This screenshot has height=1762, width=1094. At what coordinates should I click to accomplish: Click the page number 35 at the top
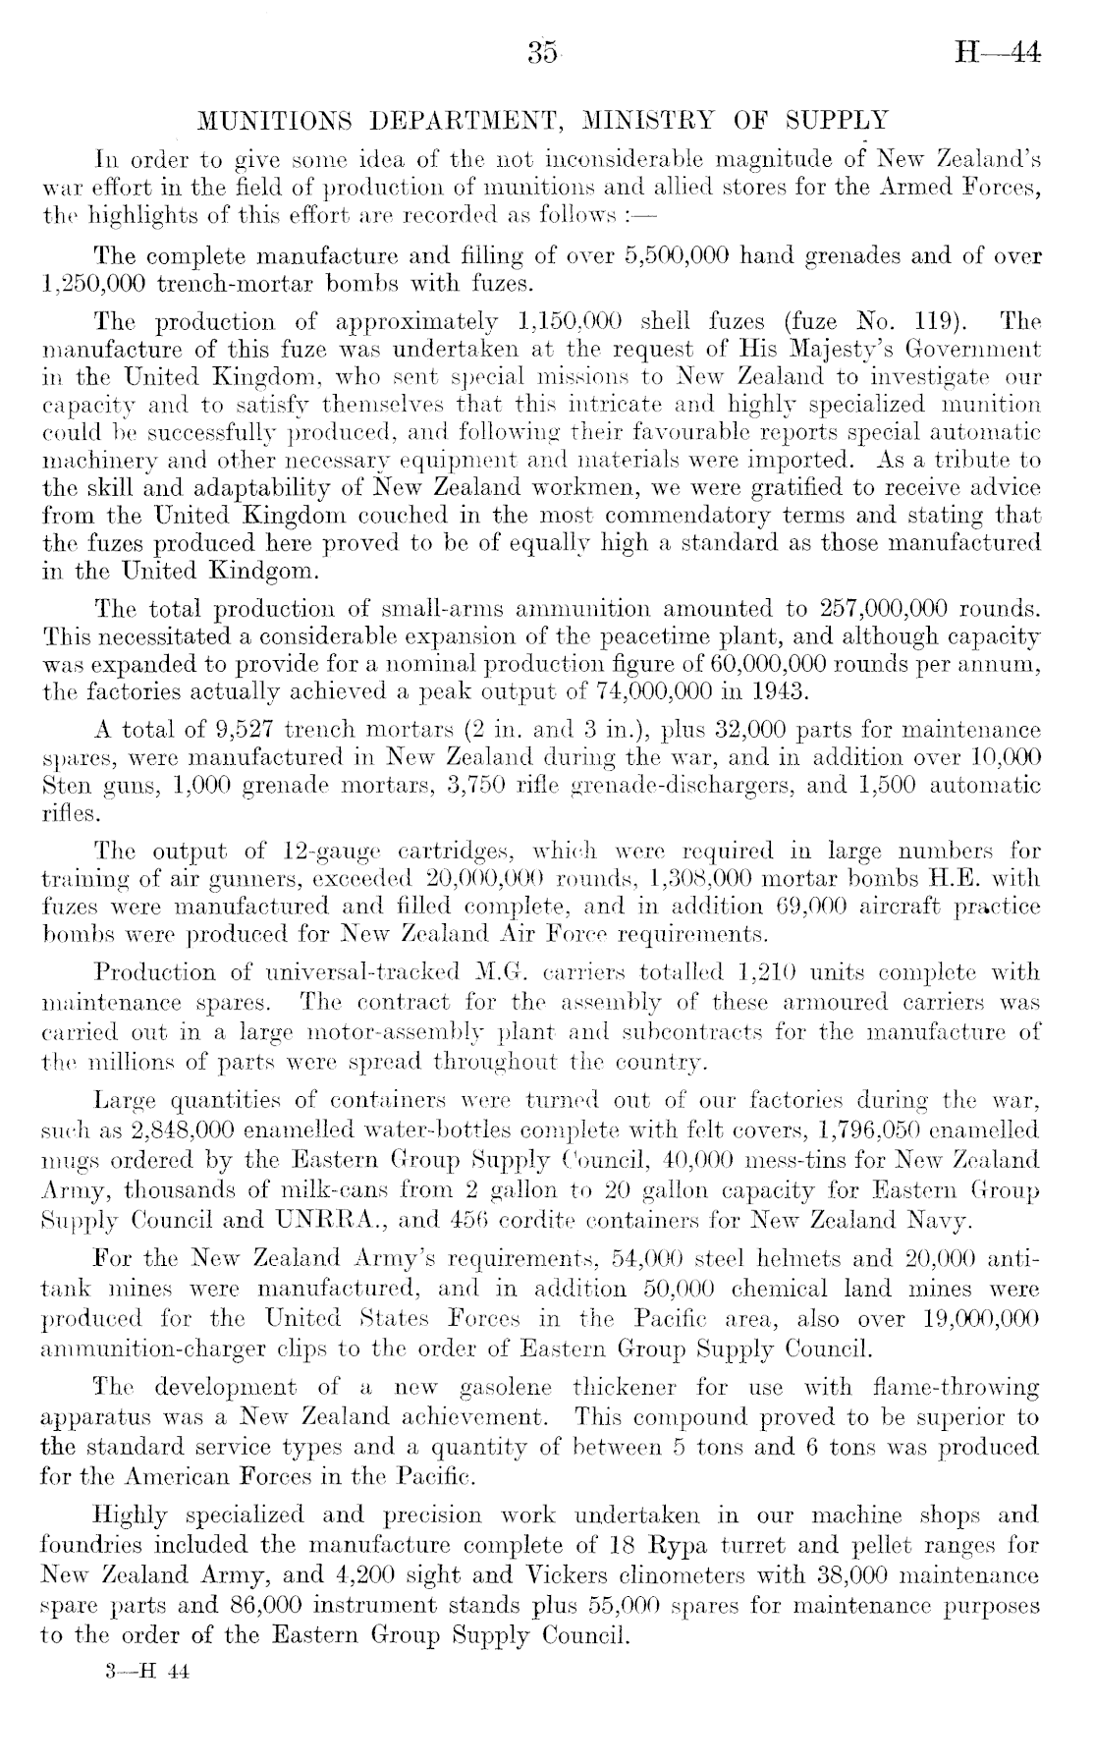click(542, 52)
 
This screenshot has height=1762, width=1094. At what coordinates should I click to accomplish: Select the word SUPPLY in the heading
click(838, 122)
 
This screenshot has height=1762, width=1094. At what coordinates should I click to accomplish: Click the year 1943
click(783, 690)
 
